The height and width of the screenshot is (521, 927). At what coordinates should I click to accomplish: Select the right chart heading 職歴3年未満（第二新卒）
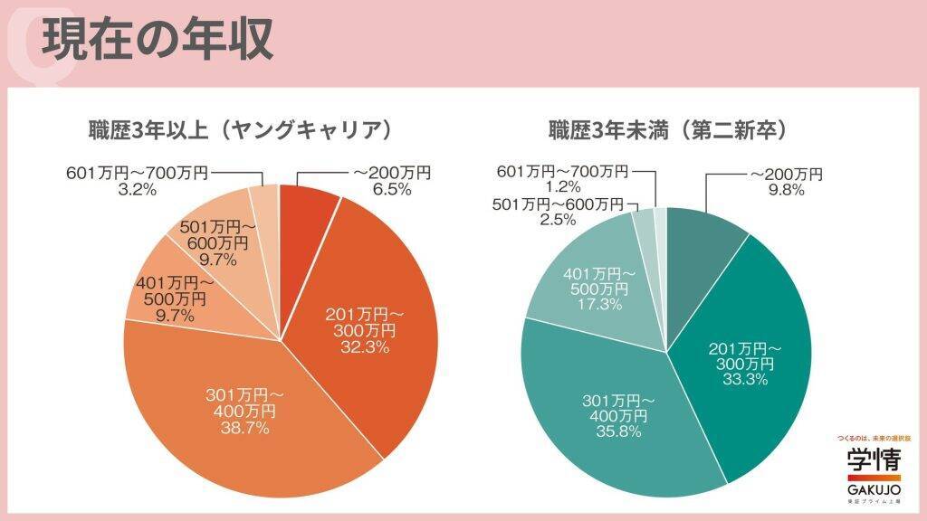pos(667,129)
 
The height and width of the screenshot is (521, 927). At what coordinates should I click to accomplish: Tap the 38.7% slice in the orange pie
pos(244,412)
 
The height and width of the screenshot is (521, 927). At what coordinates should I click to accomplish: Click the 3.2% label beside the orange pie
pos(138,189)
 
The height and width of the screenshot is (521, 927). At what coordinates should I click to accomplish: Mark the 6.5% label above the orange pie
pos(392,189)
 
